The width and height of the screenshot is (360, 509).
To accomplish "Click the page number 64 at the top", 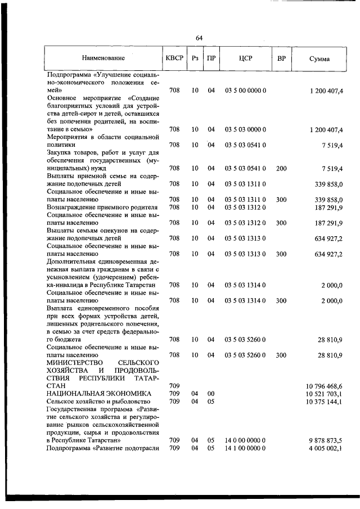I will [x=199, y=38].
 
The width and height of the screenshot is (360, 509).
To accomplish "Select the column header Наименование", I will [x=103, y=58].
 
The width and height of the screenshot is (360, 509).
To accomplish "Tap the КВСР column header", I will [x=174, y=58].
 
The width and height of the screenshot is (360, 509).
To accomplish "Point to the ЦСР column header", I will [x=245, y=58].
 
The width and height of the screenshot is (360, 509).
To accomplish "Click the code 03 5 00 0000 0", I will [x=245, y=91].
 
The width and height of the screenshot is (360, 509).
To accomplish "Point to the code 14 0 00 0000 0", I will [x=245, y=440].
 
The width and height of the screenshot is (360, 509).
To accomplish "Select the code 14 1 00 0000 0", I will [x=245, y=448].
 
